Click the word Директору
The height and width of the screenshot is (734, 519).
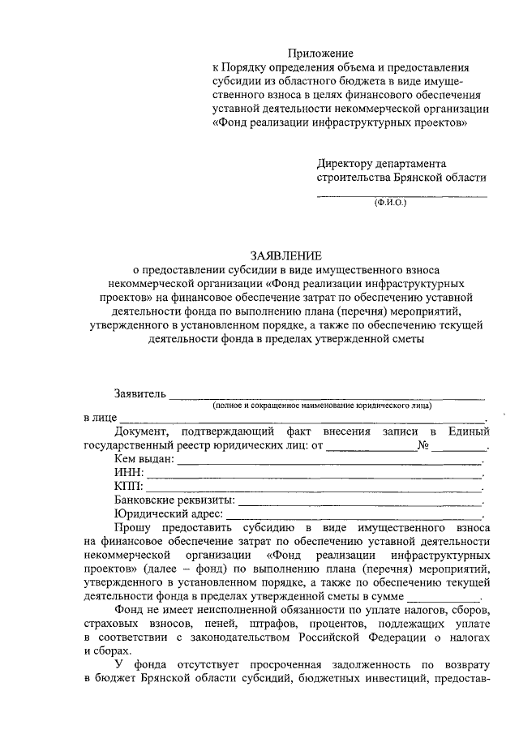click(x=347, y=163)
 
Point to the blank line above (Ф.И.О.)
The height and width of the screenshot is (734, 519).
click(x=401, y=196)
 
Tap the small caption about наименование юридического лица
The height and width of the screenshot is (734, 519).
click(x=323, y=405)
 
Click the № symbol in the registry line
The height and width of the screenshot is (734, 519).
click(x=422, y=445)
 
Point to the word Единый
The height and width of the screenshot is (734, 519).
click(x=470, y=431)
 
